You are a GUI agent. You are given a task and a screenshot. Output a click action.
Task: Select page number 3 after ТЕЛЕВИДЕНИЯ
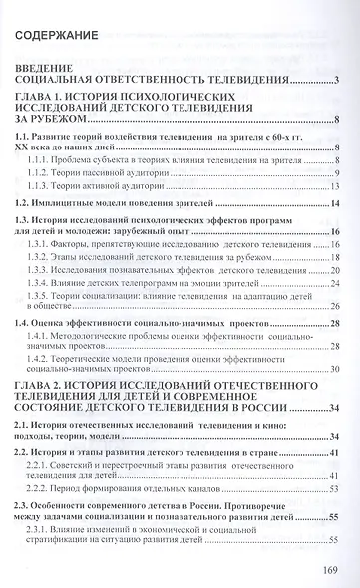tap(339, 80)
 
